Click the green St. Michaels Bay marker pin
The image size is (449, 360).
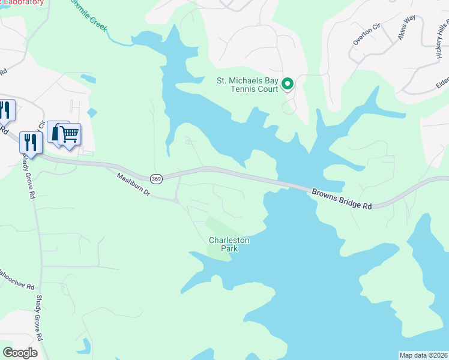pos(288,84)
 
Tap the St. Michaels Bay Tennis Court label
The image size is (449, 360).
pos(248,85)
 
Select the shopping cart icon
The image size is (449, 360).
pos(70,134)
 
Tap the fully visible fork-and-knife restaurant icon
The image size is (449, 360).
pos(29,143)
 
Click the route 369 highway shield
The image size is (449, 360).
pos(157,178)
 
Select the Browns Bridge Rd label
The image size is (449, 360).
pos(342,199)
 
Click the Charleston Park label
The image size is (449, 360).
pos(229,244)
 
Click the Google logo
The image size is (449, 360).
pos(20,352)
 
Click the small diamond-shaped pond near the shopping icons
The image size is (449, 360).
pos(91,112)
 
